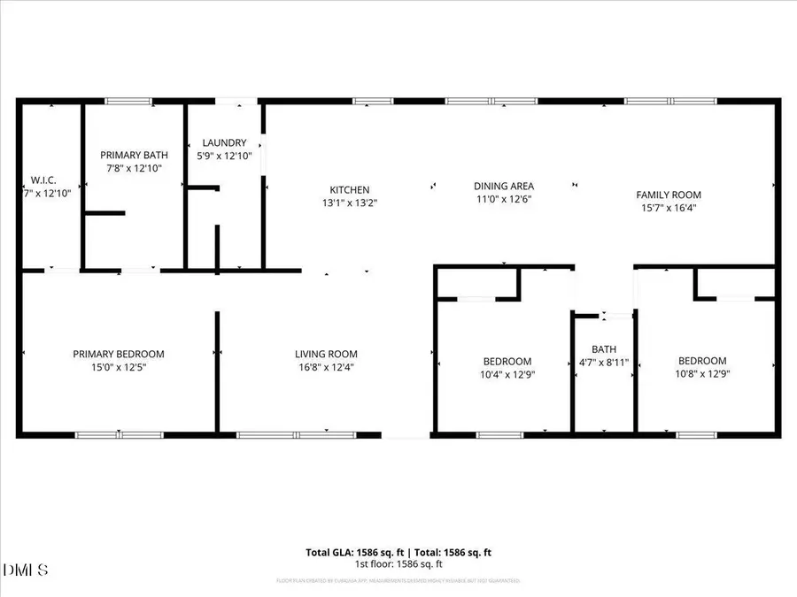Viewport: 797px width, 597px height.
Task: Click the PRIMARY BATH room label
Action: pos(133,155)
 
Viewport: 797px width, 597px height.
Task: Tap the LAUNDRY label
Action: pos(224,143)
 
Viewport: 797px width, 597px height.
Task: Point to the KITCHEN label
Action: pos(350,190)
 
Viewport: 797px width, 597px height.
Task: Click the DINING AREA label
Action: pos(503,186)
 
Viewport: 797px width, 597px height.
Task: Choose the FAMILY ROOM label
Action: pos(669,195)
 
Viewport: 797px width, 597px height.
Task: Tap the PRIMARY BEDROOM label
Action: pos(119,354)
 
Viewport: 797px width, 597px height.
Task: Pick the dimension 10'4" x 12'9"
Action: pos(507,374)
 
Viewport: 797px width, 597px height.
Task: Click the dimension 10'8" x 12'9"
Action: pos(702,373)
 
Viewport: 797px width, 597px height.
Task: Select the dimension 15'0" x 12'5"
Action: pos(119,367)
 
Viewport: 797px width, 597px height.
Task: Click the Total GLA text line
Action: pos(398,553)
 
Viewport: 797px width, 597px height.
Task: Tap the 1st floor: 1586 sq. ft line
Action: pos(398,564)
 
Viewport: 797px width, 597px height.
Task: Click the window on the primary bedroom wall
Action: pos(119,434)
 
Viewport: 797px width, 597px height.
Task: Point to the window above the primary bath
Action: pos(128,102)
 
